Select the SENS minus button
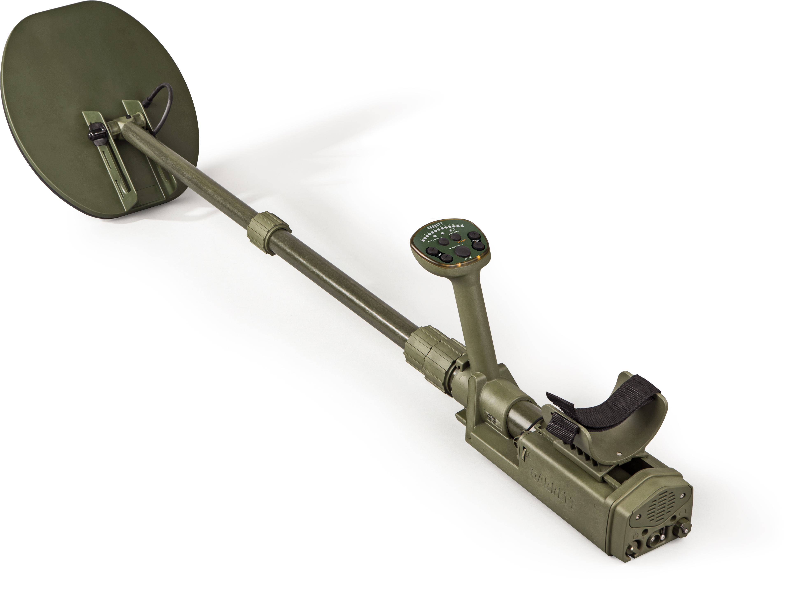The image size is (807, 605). (x=446, y=258)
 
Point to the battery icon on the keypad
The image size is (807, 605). (x=452, y=230)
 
